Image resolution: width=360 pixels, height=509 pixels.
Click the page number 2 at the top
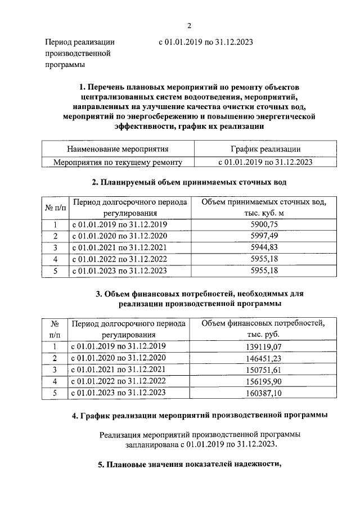[189, 25]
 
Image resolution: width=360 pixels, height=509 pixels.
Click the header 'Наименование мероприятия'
[118, 150]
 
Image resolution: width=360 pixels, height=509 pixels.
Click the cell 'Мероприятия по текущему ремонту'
[118, 161]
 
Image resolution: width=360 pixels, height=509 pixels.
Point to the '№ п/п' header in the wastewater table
[55, 208]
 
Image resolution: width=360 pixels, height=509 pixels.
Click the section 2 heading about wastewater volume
[189, 183]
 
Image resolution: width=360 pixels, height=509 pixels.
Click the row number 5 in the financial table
[55, 393]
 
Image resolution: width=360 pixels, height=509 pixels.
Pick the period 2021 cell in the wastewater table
[119, 247]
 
